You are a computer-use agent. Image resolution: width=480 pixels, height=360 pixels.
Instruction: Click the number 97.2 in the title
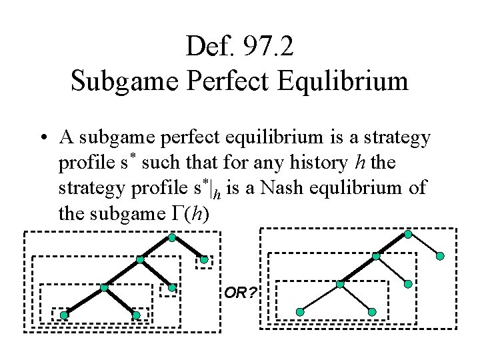tap(267, 46)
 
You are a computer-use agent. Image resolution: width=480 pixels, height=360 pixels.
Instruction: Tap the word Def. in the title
tap(207, 46)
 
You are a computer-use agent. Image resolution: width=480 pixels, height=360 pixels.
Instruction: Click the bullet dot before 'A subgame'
tap(42, 138)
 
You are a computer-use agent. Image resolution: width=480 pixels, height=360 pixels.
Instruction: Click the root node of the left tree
tap(172, 237)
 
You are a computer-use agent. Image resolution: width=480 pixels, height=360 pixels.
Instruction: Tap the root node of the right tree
tap(408, 235)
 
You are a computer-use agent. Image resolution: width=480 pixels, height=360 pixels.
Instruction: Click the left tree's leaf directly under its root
tap(204, 260)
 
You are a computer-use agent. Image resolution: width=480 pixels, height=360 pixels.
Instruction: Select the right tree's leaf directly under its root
tap(441, 255)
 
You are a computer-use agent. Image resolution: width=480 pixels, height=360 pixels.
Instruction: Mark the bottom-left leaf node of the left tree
tap(64, 315)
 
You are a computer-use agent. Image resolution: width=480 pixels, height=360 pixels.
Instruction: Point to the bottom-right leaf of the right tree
tap(372, 312)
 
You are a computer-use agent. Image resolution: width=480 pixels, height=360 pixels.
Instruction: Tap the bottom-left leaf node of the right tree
tap(300, 312)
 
